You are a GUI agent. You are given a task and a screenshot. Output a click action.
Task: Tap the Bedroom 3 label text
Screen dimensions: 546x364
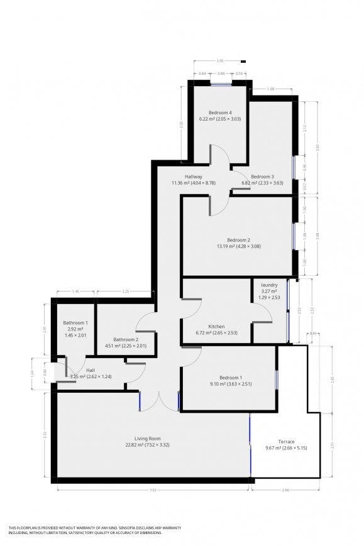coord(262,177)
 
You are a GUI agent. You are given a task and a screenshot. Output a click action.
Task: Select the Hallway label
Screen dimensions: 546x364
coord(193,177)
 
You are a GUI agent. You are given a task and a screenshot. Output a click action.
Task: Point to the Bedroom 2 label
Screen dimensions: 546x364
coord(238,240)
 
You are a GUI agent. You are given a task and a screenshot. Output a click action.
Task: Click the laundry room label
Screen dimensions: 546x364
coord(269,285)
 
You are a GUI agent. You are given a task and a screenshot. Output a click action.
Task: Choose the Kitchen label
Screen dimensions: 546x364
coord(216,326)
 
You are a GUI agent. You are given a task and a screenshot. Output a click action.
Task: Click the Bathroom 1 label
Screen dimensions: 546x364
coord(75,323)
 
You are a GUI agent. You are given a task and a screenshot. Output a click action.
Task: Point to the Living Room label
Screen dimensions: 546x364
coord(148,438)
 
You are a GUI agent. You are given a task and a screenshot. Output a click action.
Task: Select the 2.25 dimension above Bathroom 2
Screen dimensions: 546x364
coord(125,292)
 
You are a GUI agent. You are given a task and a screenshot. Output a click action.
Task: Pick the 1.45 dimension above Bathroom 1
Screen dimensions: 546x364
coord(75,292)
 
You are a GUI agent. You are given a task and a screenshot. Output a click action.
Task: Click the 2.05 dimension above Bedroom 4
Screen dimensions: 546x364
coord(219,61)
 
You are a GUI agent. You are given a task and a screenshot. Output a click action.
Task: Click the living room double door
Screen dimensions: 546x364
coord(159,402)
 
